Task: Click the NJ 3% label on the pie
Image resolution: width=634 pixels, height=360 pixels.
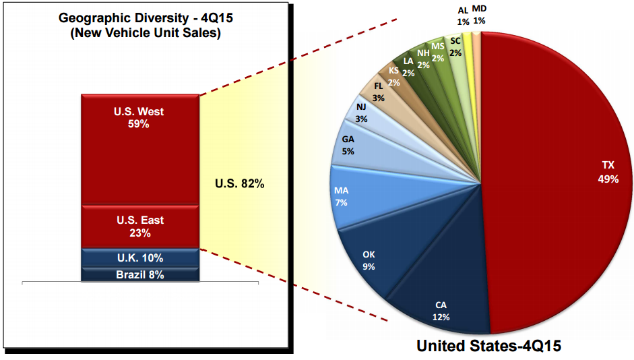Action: point(362,112)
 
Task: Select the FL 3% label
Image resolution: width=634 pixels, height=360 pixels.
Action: point(378,92)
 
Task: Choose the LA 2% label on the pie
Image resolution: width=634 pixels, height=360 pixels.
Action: point(408,65)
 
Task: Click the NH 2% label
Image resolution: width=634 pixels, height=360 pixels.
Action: point(423,59)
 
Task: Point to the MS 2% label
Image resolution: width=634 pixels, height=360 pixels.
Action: point(437,52)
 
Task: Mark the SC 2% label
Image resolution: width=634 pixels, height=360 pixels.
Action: point(455,47)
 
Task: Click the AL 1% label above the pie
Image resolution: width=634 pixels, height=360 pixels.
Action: point(463,15)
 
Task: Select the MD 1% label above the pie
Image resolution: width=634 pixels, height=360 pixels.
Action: point(480,15)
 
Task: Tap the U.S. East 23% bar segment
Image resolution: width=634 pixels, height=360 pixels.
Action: point(139,226)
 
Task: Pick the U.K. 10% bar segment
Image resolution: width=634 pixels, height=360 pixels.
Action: point(139,258)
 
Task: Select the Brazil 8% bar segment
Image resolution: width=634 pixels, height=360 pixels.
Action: point(139,274)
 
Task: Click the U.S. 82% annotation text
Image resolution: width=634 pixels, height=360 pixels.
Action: point(239,183)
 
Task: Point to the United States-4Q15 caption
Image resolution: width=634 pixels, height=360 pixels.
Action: point(488,346)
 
